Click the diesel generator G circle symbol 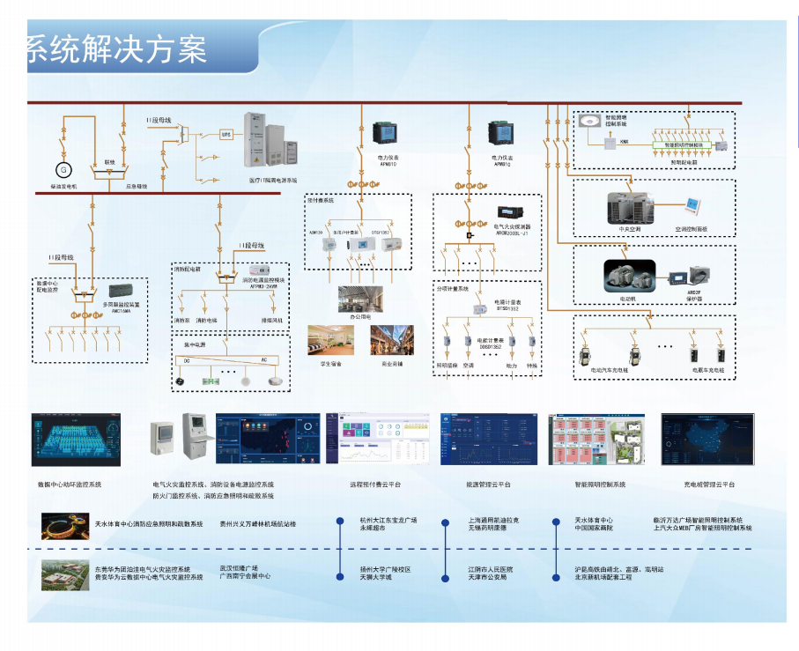coord(63,168)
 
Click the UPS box coord(226,134)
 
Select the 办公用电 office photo coord(359,300)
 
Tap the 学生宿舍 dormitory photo coord(330,341)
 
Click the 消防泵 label coord(181,321)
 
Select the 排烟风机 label coord(272,321)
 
